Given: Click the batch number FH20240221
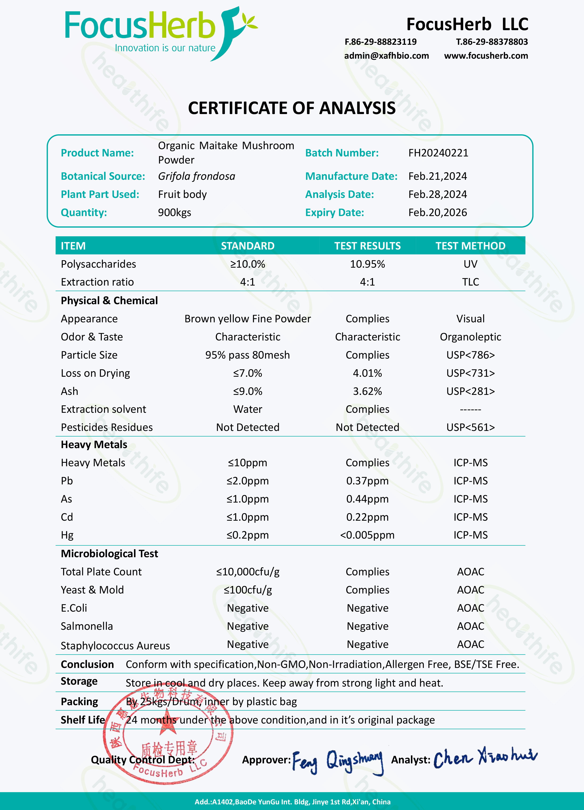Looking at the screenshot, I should (x=438, y=153).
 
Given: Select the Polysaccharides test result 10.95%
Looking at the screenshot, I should (x=367, y=264).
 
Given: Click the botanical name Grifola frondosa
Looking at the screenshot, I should (x=196, y=176).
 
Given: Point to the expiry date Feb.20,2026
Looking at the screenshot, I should (x=438, y=213).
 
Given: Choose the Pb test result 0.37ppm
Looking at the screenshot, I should (x=367, y=481).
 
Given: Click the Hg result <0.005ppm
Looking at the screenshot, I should (x=367, y=535).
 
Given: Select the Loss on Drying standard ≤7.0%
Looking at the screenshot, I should (x=247, y=373).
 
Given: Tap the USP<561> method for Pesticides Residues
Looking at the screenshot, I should (x=470, y=427).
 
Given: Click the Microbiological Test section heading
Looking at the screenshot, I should (x=109, y=554).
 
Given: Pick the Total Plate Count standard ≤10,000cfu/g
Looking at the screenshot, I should (x=247, y=572).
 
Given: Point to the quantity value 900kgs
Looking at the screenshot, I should (x=174, y=213).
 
